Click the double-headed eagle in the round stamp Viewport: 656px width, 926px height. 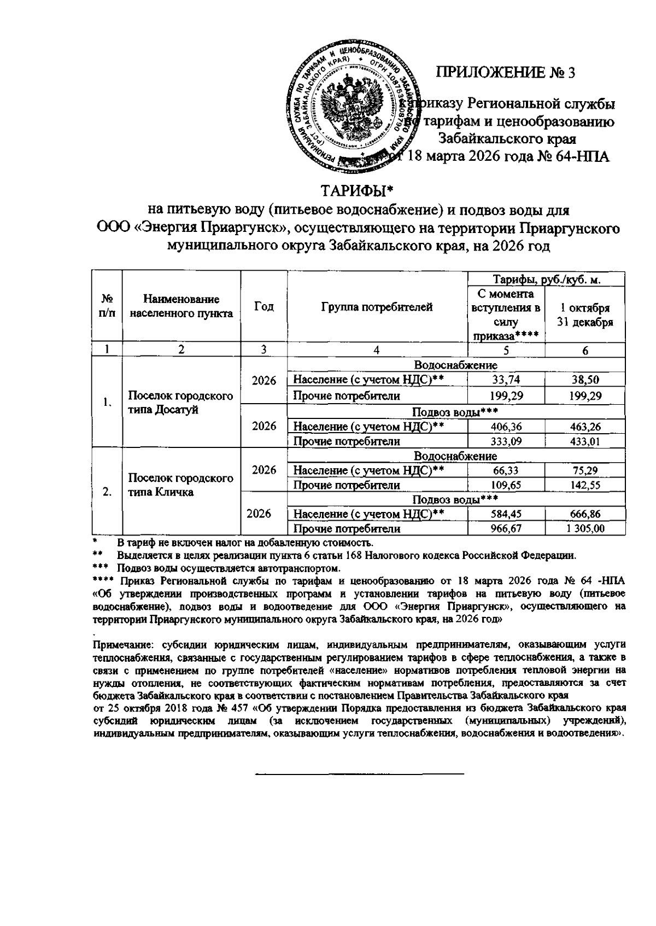tap(356, 108)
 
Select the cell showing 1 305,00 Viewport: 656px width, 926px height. tap(585, 528)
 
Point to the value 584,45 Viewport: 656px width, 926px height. tap(506, 514)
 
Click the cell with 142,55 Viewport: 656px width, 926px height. tap(585, 485)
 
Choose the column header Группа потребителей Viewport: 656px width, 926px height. tap(377, 307)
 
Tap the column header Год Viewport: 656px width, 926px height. tap(264, 307)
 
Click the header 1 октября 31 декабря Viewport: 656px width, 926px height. tap(585, 315)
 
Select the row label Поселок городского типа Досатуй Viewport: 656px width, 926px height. tap(180, 403)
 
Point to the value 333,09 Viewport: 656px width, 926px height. tap(506, 441)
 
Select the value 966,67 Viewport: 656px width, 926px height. tap(506, 528)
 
